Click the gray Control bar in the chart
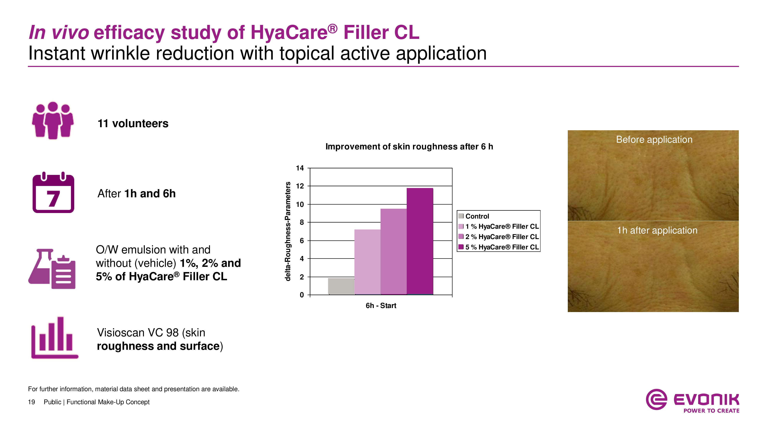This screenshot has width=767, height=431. [x=341, y=286]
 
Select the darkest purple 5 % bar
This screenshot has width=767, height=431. [x=420, y=241]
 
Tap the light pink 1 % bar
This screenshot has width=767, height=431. [x=367, y=262]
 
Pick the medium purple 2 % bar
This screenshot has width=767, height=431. [x=393, y=251]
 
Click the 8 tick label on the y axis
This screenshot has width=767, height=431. [x=301, y=222]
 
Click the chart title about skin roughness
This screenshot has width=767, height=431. [x=409, y=147]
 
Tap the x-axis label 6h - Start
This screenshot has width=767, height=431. [x=381, y=306]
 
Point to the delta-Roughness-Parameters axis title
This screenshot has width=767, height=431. [x=288, y=231]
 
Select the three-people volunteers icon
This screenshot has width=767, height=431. [x=53, y=120]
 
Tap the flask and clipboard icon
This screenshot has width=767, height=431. [x=52, y=269]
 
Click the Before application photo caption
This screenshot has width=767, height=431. [x=654, y=139]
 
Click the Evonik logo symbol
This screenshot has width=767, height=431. [x=656, y=399]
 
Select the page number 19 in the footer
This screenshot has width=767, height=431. [x=31, y=402]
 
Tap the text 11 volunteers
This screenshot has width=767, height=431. [x=133, y=123]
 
